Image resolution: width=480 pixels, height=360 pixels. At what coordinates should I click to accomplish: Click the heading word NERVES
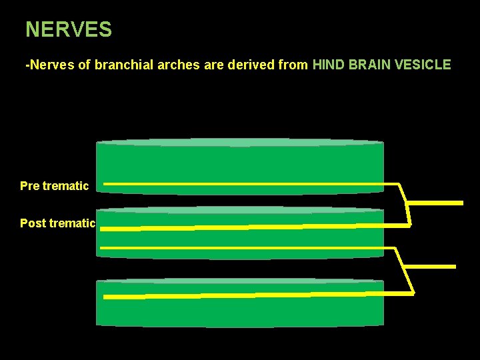pos(69,29)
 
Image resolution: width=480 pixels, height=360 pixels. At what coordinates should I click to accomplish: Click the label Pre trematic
pos(54,186)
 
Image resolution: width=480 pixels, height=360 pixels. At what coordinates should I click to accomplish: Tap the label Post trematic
pos(58,223)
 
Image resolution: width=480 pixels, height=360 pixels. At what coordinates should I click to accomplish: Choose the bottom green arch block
pos(240,313)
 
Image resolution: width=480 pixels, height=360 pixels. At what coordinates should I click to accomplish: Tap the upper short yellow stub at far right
pos(435,202)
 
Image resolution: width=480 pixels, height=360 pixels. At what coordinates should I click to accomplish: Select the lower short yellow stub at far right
pos(431,267)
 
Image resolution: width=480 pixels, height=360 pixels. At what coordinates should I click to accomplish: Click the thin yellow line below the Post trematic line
pos(247,248)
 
